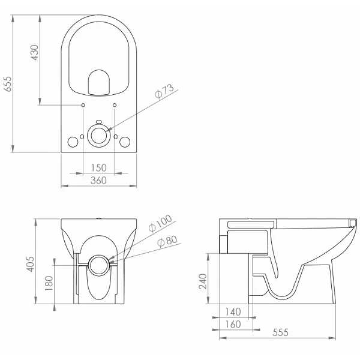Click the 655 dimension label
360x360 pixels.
tap(8, 84)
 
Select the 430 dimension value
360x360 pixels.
tap(35, 53)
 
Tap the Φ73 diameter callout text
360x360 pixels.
tap(164, 91)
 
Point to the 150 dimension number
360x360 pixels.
tap(99, 168)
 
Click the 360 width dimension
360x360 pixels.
tap(98, 181)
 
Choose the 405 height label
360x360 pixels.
tap(31, 264)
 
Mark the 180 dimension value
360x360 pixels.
tap(49, 283)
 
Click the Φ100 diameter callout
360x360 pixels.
tap(160, 223)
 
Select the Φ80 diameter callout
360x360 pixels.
tap(167, 241)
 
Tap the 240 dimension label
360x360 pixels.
tap(203, 281)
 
